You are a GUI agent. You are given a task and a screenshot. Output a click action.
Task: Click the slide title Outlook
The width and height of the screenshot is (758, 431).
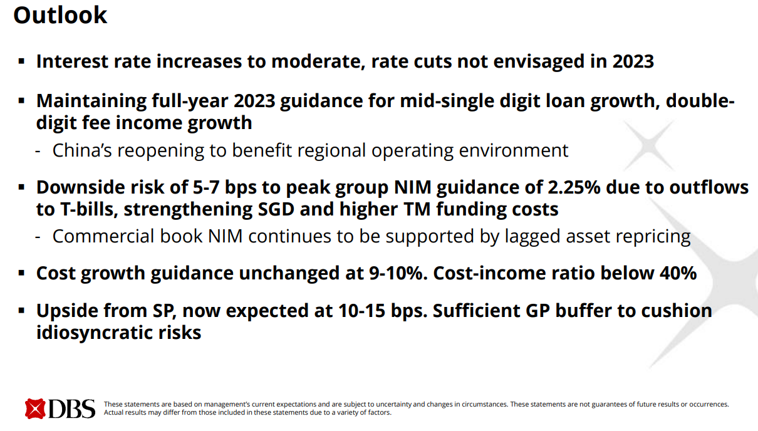60,16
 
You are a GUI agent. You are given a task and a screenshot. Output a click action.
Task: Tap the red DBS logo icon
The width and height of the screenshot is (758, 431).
35,408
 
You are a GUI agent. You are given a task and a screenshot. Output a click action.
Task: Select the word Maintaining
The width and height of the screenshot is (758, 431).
91,101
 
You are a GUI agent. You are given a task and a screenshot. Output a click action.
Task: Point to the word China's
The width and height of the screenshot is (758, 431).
82,150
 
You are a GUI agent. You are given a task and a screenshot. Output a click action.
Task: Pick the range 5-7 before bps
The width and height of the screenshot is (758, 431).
205,187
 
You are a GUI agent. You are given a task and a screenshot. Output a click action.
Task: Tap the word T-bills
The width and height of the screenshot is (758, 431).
90,209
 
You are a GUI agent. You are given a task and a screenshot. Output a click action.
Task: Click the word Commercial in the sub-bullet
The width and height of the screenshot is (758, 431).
103,236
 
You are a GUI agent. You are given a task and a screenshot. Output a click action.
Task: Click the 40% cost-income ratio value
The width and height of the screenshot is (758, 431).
678,273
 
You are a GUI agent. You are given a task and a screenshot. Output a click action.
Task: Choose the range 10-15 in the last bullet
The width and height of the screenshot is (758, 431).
361,311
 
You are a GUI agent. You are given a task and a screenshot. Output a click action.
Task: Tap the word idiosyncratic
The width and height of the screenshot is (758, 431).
95,333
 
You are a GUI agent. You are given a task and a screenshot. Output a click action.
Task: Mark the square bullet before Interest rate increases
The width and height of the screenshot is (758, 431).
22,61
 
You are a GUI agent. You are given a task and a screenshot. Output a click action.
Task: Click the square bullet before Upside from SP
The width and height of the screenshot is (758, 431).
22,310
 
